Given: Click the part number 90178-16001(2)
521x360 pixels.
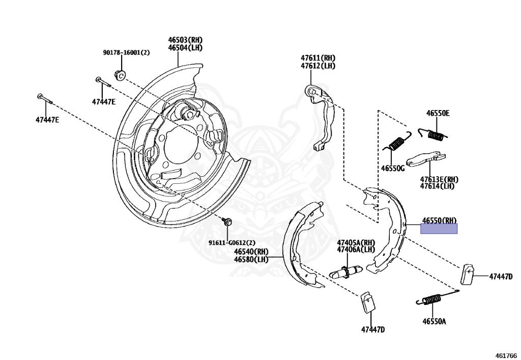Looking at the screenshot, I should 126,52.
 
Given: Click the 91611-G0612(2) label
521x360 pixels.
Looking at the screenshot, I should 233,242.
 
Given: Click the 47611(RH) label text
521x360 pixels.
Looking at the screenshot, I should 317,58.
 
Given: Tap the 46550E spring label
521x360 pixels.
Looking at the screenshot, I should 438,114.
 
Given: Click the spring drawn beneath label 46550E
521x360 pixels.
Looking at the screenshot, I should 433,134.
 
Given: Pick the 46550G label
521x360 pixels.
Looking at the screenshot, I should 392,168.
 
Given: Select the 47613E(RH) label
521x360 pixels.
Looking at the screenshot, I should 439,179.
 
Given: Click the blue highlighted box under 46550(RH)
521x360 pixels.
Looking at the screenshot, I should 439,229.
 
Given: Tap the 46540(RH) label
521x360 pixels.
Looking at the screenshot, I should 251,251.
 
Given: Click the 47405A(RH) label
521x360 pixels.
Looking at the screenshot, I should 355,242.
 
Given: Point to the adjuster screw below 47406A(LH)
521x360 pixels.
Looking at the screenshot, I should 346,272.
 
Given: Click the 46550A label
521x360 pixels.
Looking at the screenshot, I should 433,321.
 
